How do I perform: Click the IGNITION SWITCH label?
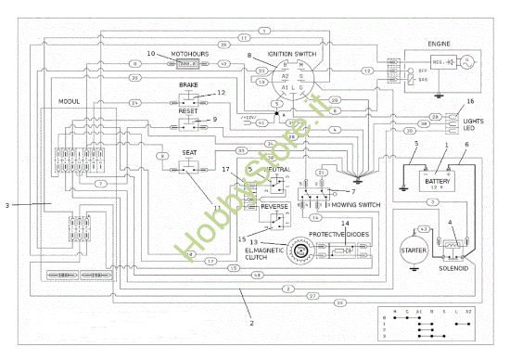click(x=290, y=54)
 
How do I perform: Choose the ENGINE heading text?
click(x=438, y=43)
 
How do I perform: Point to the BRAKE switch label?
click(x=189, y=84)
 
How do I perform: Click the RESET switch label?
click(x=188, y=109)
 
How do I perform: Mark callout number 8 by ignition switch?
click(x=249, y=55)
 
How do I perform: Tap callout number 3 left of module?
click(x=7, y=204)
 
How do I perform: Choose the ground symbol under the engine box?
click(x=439, y=94)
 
